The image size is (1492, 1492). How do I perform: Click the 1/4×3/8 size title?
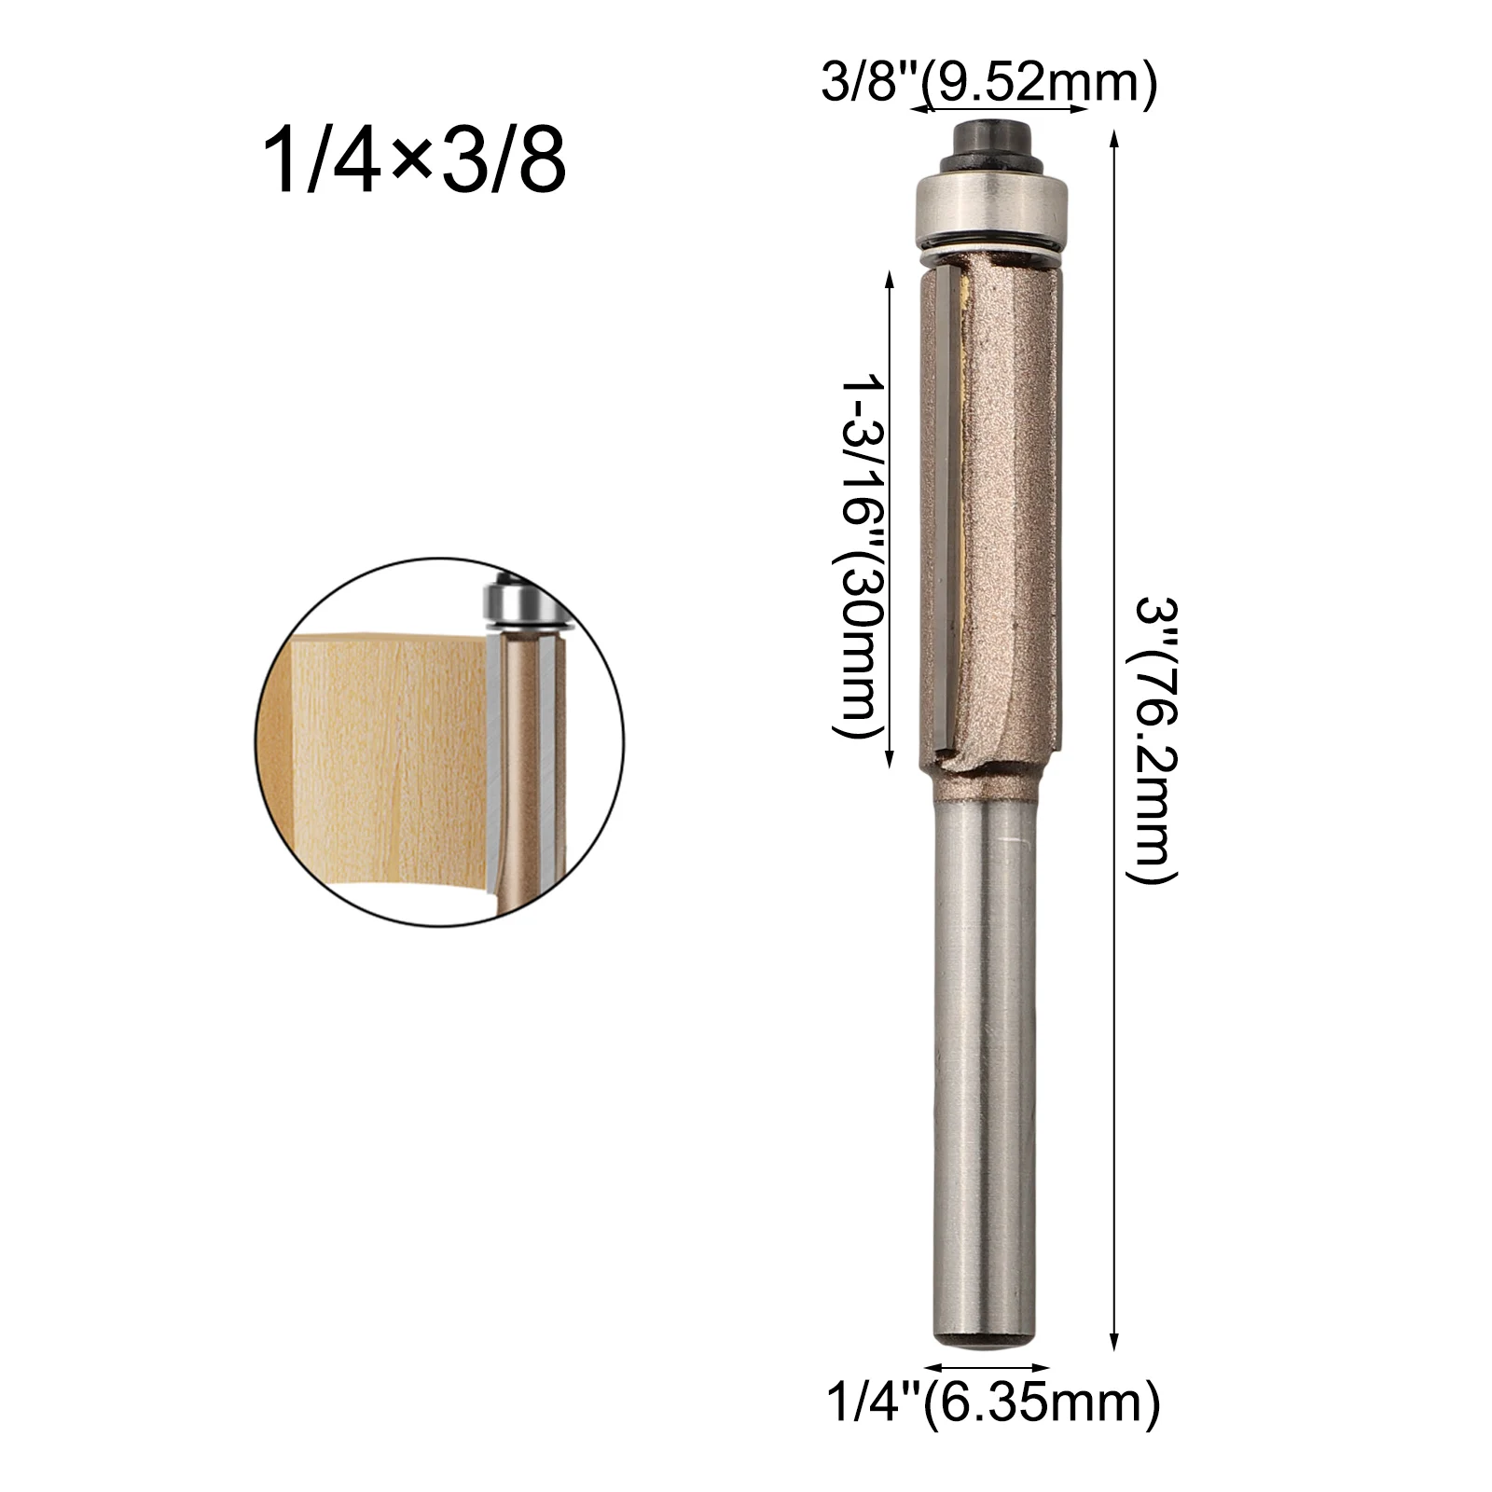point(415,161)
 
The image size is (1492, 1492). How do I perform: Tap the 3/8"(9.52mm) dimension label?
point(988,84)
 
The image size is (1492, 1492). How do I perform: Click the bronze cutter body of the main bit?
point(1012,513)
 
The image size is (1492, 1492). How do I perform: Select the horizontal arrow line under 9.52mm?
point(999,110)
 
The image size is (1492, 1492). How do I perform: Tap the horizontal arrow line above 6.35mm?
point(987,1370)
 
